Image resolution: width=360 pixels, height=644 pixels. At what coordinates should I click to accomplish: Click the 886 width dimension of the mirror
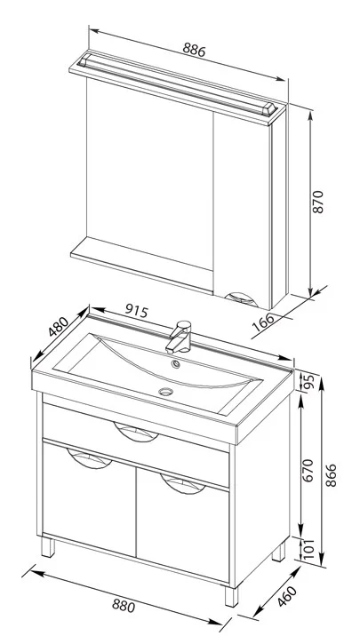(x=194, y=50)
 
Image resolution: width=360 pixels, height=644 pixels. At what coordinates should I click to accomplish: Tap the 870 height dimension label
(x=317, y=202)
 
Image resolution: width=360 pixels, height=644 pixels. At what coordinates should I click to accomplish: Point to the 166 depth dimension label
(x=263, y=322)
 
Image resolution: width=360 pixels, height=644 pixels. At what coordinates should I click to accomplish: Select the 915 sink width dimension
(x=136, y=311)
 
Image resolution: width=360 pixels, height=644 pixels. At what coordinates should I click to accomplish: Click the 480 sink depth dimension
(x=58, y=327)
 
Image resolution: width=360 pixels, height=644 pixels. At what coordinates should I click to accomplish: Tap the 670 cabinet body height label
(x=308, y=470)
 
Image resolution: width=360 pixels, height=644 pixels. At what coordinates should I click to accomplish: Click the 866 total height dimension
(x=331, y=475)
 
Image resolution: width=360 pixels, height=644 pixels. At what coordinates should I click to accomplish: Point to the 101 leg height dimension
(x=309, y=548)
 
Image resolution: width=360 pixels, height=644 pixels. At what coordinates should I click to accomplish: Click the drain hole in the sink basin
(x=165, y=392)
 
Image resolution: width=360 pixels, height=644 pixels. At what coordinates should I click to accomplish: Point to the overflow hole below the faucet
(x=176, y=363)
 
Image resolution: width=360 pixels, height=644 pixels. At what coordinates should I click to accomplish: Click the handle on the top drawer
(x=136, y=432)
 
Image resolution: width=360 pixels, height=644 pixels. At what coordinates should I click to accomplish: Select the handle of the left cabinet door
(x=89, y=458)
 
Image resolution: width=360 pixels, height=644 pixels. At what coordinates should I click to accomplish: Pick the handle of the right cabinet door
(x=183, y=484)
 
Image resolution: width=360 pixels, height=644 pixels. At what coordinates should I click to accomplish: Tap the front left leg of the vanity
(x=48, y=547)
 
